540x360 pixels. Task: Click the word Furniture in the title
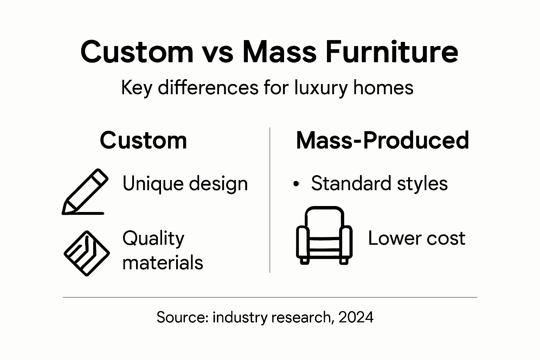point(391,52)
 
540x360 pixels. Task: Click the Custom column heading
point(143,140)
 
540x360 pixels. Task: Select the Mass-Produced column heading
point(382,140)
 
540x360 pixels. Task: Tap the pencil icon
point(85,192)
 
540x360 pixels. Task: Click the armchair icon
point(324,235)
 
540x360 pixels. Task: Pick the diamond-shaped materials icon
point(86,253)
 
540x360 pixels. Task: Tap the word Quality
point(153,239)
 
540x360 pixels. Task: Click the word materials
point(163,262)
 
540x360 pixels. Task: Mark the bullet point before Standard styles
point(296,184)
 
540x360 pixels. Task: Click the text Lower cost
point(417,238)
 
